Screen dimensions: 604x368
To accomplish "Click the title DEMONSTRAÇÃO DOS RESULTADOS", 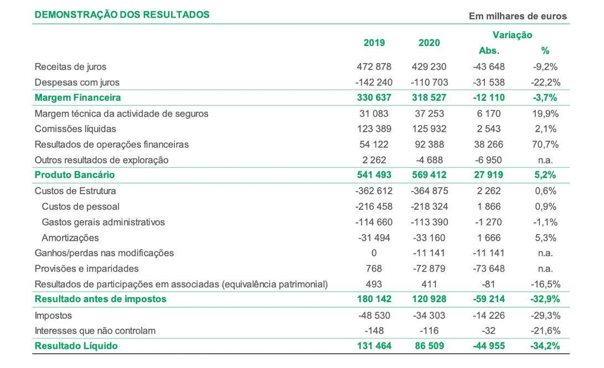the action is click(x=122, y=14).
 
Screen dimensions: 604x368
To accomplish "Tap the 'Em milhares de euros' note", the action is click(x=518, y=16).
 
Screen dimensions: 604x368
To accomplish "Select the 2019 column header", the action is click(x=374, y=43).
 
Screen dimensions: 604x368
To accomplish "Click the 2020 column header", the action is click(x=429, y=43).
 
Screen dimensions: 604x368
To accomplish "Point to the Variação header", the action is click(x=512, y=35).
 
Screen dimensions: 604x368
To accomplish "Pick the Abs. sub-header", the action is click(x=489, y=51).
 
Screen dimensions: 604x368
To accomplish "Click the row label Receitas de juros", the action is click(x=70, y=66).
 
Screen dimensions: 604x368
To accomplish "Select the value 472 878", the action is click(x=374, y=66).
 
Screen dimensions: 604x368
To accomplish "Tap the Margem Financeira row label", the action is click(x=78, y=98).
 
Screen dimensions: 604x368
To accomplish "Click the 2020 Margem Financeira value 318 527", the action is click(x=429, y=98).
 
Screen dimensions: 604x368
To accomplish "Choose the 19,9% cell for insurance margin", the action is click(x=545, y=113).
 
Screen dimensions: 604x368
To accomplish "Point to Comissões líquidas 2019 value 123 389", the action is click(x=374, y=129).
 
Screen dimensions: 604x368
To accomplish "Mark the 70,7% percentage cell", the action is click(x=545, y=144).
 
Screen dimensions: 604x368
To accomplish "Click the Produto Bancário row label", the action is click(x=75, y=175).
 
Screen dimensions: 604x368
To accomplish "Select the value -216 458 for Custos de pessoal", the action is click(x=374, y=207).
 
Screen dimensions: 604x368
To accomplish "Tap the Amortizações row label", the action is click(x=70, y=238).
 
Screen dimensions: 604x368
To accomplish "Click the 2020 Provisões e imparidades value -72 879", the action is click(x=429, y=269).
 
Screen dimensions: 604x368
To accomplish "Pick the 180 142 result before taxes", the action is click(x=374, y=299).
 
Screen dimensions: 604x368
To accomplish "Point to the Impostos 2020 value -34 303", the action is click(x=429, y=315).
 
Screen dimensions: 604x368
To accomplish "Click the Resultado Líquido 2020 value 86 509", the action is click(x=429, y=346).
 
